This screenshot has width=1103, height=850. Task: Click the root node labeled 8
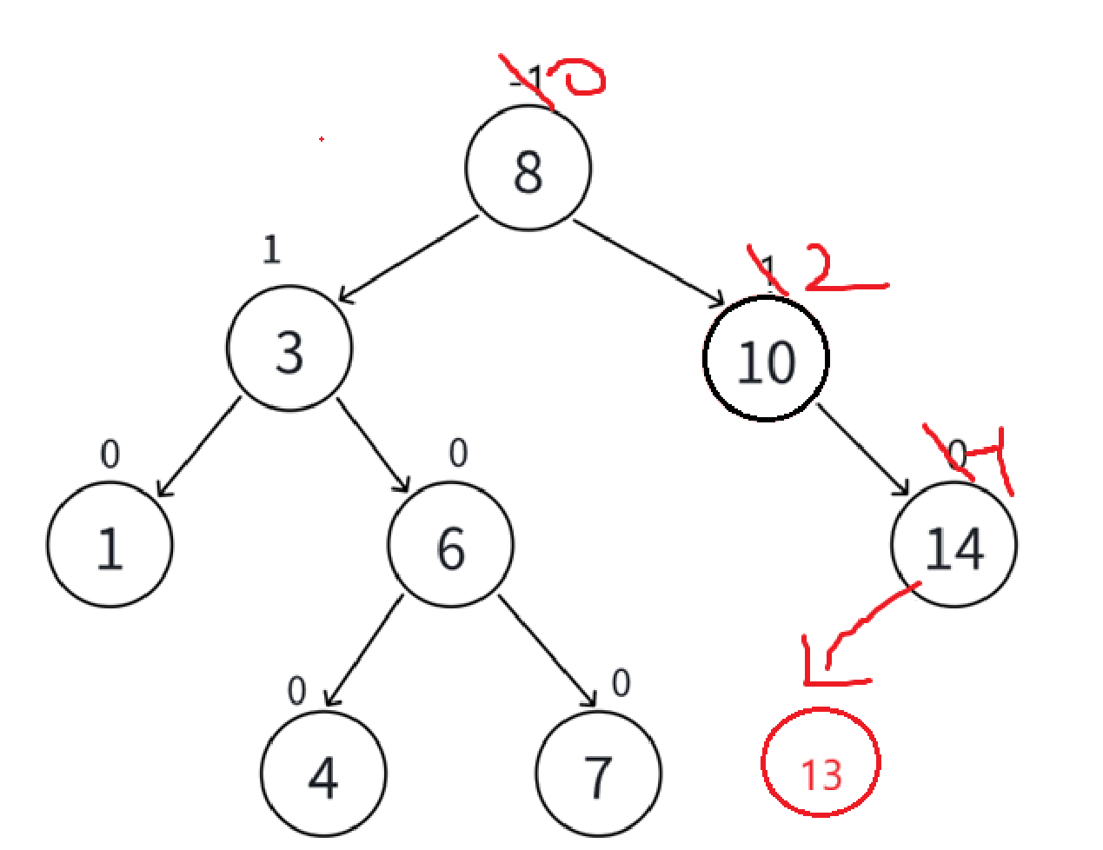point(528,168)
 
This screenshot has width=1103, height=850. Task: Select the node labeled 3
point(289,349)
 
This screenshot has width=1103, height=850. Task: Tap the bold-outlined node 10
point(766,358)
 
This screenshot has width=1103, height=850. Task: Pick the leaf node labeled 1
point(110,545)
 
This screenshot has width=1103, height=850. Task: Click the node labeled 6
point(450,545)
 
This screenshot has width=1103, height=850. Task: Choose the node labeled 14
point(953,545)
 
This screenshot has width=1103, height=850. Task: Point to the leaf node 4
point(322,774)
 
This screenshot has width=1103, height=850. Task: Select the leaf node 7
point(598,774)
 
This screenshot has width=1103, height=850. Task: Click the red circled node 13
point(821,763)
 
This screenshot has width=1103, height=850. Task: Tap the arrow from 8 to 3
point(407,259)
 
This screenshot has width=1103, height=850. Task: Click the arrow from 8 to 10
point(648,263)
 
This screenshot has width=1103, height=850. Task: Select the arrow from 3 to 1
point(198,447)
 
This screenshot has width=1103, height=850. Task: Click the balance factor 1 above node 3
point(272,249)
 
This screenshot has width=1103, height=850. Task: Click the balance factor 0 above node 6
point(458,453)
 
